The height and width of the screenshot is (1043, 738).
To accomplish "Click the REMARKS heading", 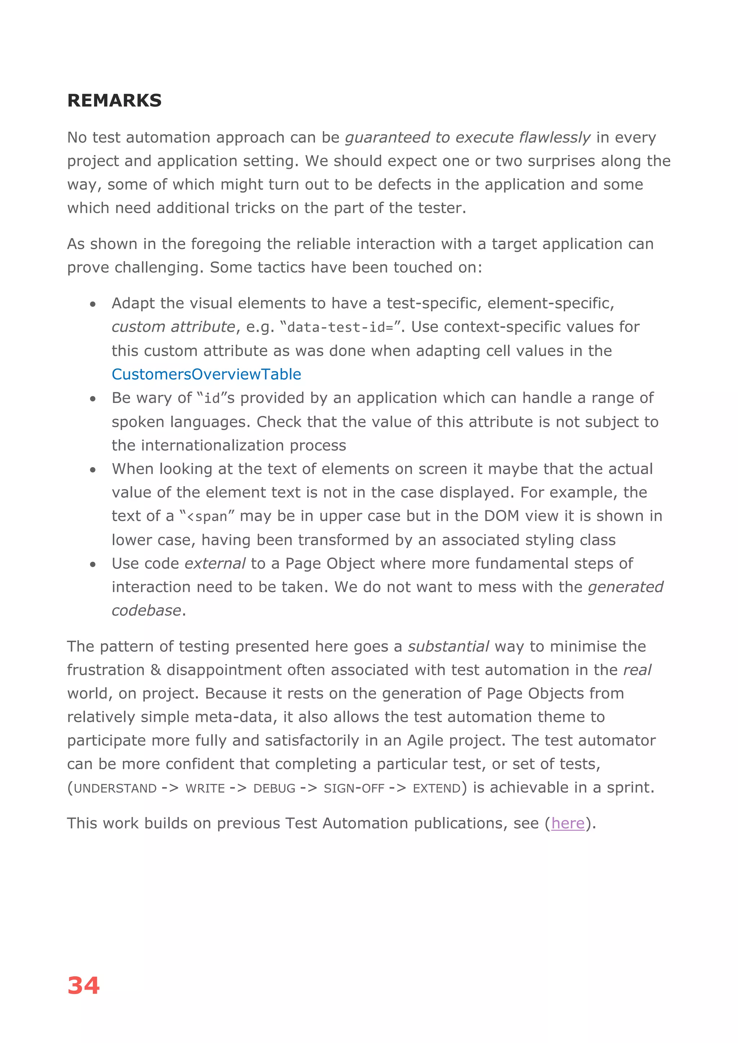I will point(115,100).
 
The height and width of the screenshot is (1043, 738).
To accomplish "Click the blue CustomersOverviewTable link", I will point(206,374).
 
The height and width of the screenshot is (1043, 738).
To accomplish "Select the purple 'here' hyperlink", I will point(568,823).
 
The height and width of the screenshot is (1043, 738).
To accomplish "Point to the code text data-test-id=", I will point(340,327).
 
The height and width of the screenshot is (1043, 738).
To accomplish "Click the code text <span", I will point(207,517).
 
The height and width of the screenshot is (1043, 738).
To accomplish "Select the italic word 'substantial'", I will point(448,646).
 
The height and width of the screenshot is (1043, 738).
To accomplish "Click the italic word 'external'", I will point(215,563).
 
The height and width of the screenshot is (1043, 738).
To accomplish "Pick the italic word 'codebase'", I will point(146,610).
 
